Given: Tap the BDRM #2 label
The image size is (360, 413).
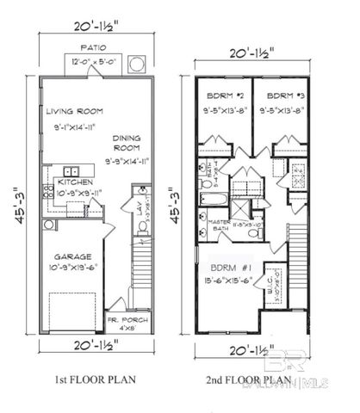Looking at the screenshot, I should (225, 96).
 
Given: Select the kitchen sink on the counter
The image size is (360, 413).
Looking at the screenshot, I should (71, 170).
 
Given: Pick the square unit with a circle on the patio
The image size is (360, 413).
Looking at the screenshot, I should (135, 65).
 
